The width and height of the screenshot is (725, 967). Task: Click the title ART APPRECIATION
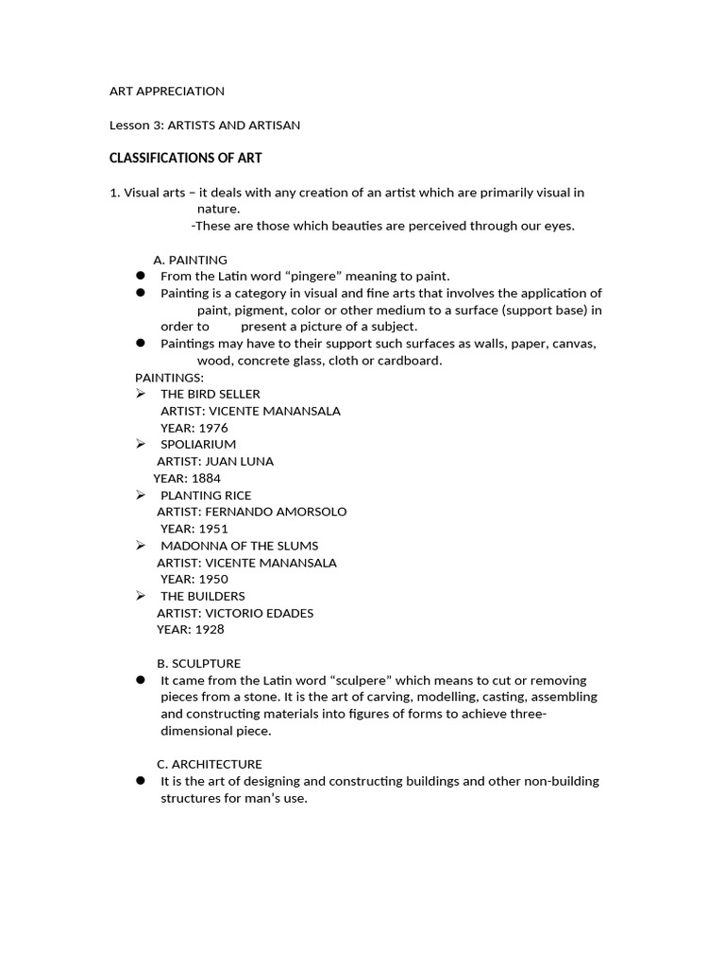(x=167, y=92)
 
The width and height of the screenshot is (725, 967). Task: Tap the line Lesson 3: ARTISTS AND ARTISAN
(x=205, y=125)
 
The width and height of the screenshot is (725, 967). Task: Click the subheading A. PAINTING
(x=190, y=260)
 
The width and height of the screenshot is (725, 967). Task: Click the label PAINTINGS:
(x=162, y=378)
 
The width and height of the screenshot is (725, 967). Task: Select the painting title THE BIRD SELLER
(x=210, y=394)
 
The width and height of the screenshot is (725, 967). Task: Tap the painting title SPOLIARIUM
(x=198, y=445)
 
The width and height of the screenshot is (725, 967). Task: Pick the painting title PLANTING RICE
(x=206, y=496)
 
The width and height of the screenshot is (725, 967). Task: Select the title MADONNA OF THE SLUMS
(x=239, y=546)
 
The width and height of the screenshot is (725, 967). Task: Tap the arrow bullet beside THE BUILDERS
(x=140, y=596)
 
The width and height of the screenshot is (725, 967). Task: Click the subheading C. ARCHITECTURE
(x=209, y=764)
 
